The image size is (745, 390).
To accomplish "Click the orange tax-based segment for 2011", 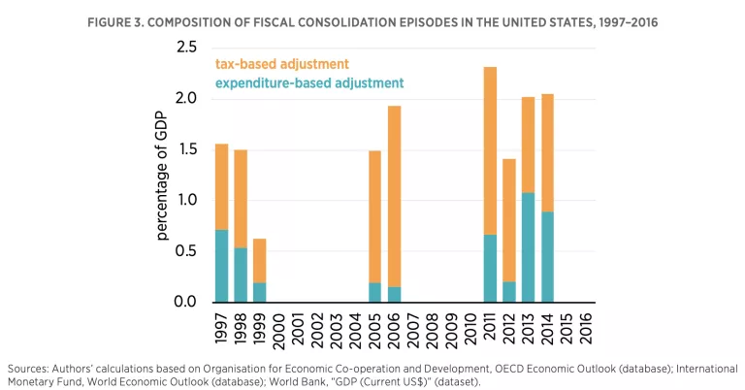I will (490, 150).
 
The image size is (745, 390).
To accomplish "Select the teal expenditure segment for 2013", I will (528, 247).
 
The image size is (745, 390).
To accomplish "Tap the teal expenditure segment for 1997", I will (221, 266).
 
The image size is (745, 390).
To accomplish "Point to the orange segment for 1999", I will (259, 260).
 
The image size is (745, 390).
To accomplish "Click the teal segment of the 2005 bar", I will (374, 292).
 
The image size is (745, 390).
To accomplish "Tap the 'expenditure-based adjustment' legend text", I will (308, 83).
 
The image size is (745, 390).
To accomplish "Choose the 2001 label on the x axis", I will (298, 327).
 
